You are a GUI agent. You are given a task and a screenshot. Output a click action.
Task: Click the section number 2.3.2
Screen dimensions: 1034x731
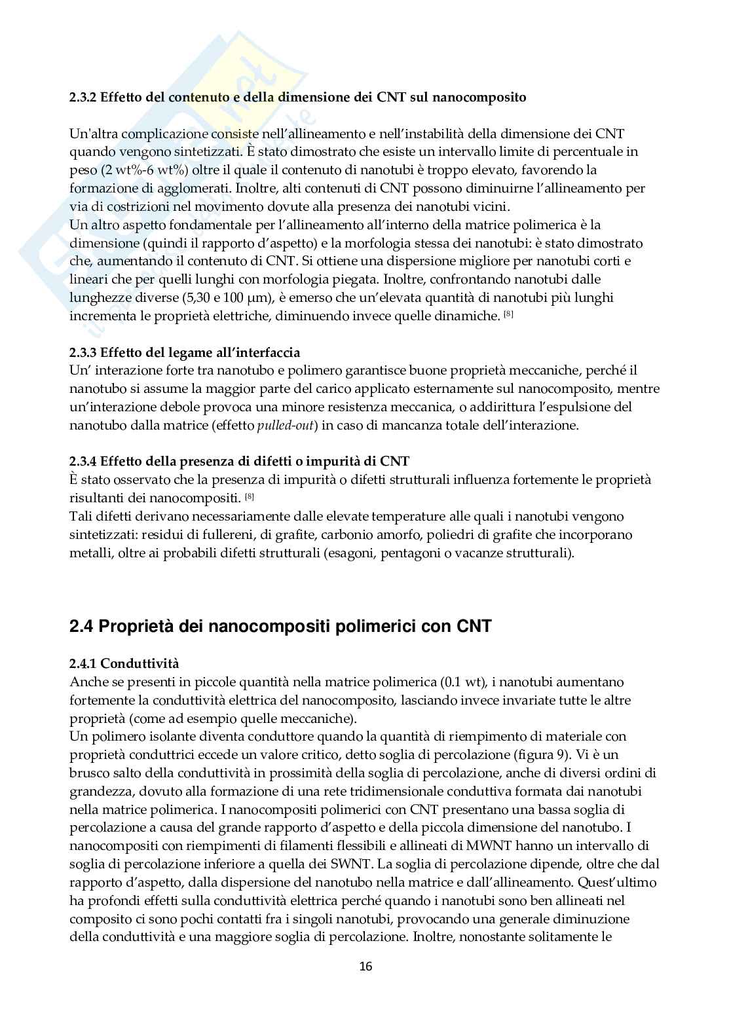[x=83, y=98]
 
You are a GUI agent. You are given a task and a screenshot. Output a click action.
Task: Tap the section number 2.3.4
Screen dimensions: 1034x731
[x=83, y=462]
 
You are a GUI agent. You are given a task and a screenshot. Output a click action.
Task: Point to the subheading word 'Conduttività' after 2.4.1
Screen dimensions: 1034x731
[x=140, y=664]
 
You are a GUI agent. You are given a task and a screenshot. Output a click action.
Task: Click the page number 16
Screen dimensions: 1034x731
[x=365, y=966]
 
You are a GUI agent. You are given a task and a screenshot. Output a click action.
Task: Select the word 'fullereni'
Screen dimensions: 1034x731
[x=225, y=535]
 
